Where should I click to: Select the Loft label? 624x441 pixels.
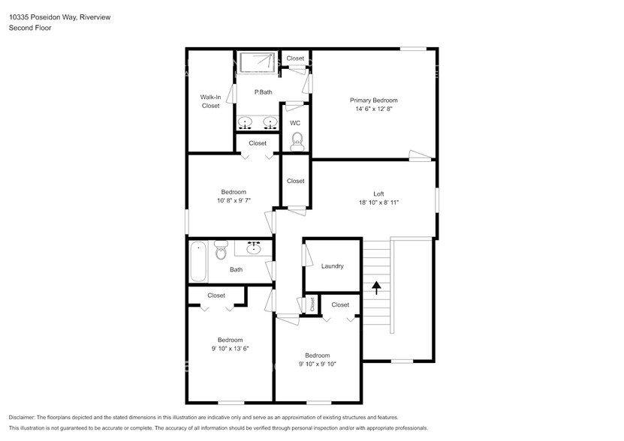click(x=378, y=193)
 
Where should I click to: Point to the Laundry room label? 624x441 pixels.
click(x=332, y=266)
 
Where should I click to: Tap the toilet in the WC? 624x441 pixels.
click(x=297, y=140)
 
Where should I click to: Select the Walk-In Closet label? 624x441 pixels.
click(x=210, y=101)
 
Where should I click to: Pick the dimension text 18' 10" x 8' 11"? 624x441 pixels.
click(x=378, y=202)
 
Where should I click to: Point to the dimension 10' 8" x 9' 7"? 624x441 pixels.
click(x=233, y=201)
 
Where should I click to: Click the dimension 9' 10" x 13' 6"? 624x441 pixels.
click(x=230, y=348)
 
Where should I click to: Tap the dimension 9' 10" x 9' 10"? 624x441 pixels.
click(x=317, y=364)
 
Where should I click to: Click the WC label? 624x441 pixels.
click(x=295, y=123)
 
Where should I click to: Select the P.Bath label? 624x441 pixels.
click(x=263, y=92)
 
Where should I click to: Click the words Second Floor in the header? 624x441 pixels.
click(x=29, y=28)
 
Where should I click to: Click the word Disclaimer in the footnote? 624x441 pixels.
click(x=23, y=417)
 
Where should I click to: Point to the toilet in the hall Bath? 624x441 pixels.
click(x=221, y=250)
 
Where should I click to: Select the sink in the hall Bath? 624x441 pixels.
click(x=254, y=247)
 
